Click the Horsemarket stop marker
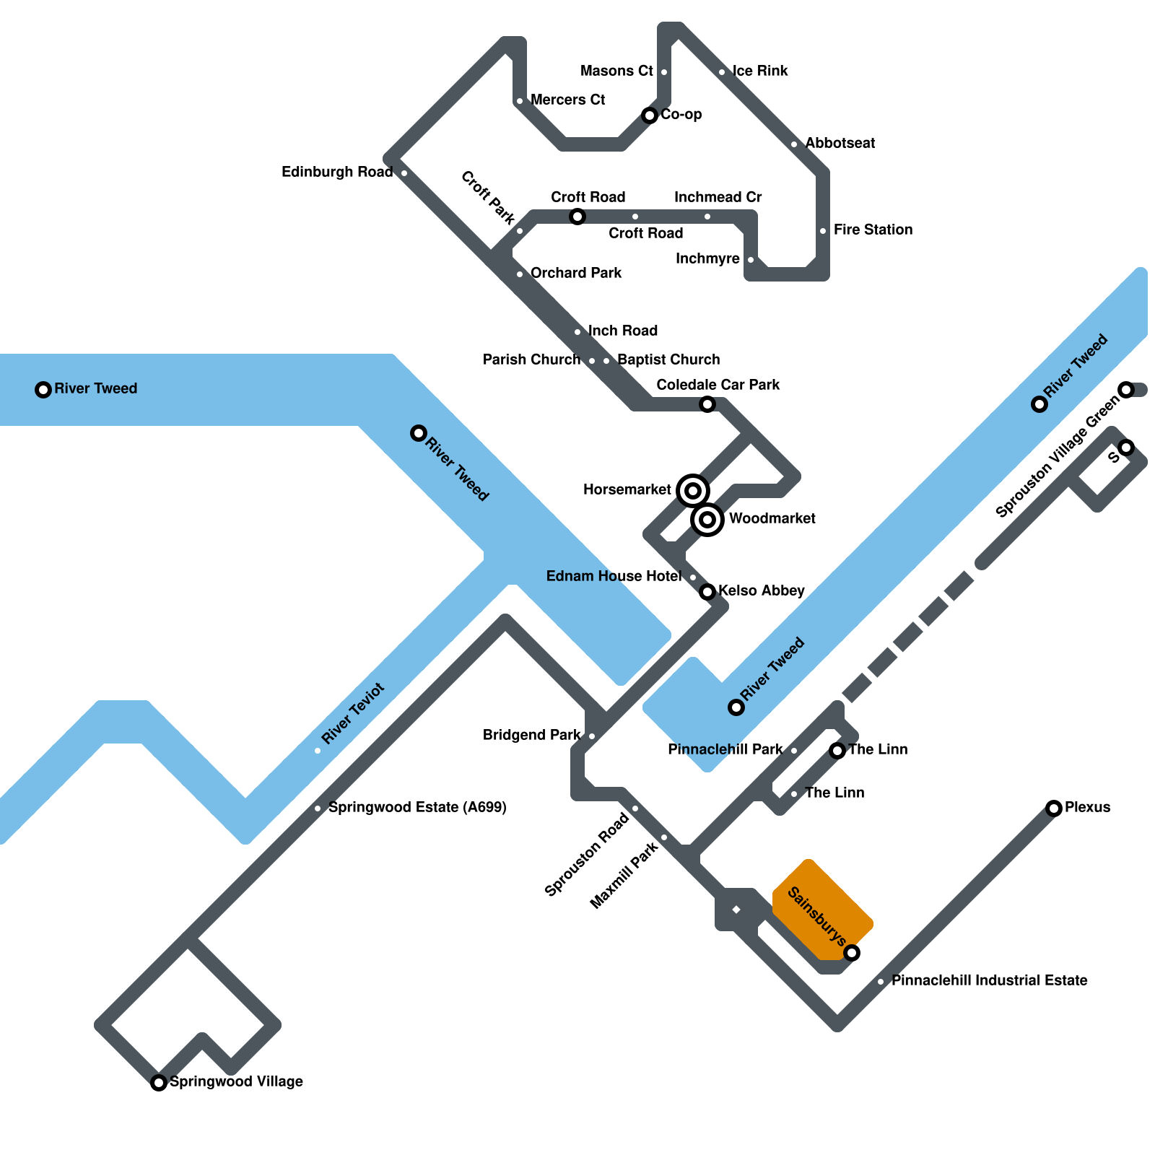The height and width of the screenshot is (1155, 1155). tap(693, 491)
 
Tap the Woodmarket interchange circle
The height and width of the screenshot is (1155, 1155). tap(707, 520)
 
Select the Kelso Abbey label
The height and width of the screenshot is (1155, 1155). tap(761, 590)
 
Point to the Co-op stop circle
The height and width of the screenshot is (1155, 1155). tap(650, 115)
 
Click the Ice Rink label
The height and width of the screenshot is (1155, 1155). tap(760, 71)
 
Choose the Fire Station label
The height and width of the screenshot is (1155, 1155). tap(873, 230)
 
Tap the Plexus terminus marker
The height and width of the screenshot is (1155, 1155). tap(1054, 808)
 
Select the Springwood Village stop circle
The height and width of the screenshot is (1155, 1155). tap(159, 1083)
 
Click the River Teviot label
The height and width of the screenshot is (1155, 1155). tap(353, 713)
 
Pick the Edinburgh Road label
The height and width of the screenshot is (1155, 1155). tap(337, 172)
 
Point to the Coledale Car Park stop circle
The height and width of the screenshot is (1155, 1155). tap(707, 404)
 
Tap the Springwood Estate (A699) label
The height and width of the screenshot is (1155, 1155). tap(417, 807)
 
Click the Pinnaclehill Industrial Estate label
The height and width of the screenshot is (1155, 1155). tap(989, 980)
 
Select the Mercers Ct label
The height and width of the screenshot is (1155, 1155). tap(567, 100)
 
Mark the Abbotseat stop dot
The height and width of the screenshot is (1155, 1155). tap(794, 144)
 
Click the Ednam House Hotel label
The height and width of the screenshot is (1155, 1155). tap(614, 576)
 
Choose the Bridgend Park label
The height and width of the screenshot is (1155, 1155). tap(532, 735)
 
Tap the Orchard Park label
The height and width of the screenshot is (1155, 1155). tap(576, 273)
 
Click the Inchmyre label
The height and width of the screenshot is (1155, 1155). tap(707, 258)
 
